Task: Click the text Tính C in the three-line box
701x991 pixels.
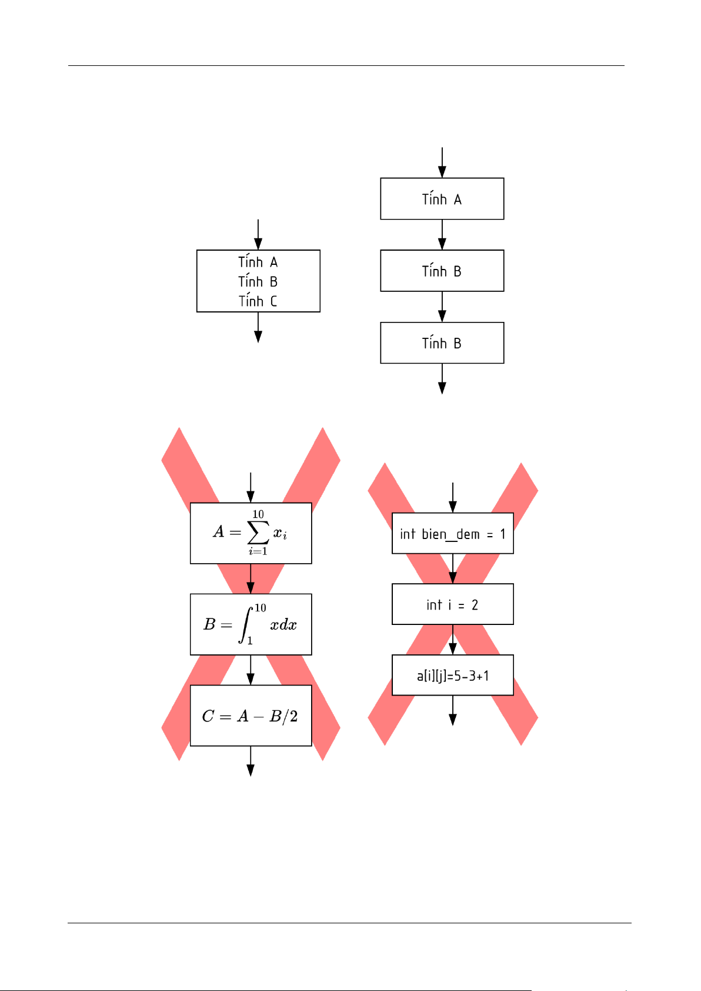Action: [258, 301]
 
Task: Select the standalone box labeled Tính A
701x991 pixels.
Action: [442, 199]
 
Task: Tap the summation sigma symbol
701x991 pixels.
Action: [258, 533]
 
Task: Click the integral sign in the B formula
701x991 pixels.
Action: [245, 625]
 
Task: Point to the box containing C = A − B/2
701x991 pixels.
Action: [251, 716]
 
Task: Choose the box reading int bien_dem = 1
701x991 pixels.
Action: [452, 534]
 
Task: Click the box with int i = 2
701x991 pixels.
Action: [452, 604]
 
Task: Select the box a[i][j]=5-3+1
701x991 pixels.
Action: [452, 676]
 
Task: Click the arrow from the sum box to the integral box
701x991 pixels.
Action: [251, 579]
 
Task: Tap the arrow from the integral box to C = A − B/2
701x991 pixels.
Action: [251, 670]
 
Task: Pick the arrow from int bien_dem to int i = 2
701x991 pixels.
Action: [452, 568]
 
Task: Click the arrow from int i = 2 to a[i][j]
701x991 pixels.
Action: [452, 640]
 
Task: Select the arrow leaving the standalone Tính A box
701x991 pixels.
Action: [442, 235]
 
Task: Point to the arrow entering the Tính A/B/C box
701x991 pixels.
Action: [258, 235]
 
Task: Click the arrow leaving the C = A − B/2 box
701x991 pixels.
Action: [251, 761]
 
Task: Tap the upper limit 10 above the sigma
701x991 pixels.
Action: [258, 514]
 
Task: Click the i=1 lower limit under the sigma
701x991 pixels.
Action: [258, 551]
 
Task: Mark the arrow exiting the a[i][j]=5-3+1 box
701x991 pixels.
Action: [452, 710]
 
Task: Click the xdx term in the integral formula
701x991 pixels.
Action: [283, 625]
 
